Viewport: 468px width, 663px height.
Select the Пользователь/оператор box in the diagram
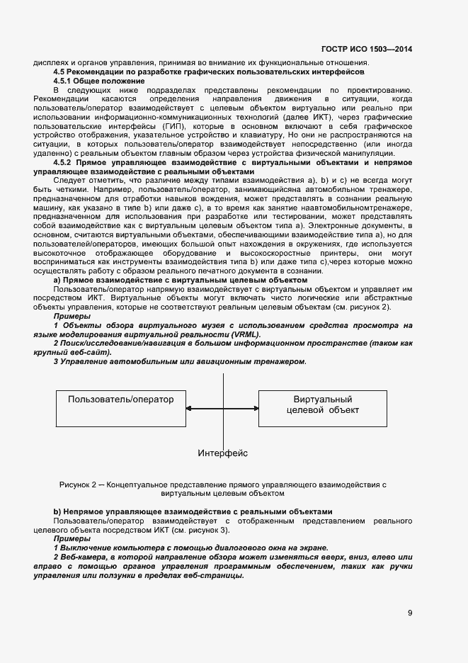click(x=120, y=408)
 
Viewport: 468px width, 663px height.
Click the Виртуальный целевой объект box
click(x=322, y=408)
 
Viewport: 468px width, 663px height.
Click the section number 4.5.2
click(x=65, y=163)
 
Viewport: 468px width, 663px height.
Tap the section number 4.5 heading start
click(x=61, y=72)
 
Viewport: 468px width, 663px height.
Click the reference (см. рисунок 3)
click(x=204, y=530)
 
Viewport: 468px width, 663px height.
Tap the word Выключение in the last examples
click(x=84, y=548)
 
